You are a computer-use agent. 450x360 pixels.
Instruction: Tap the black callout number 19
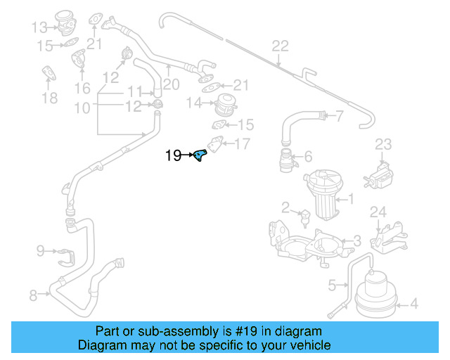173,155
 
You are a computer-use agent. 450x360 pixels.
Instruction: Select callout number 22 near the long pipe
280,46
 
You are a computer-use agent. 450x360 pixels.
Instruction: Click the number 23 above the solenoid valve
382,144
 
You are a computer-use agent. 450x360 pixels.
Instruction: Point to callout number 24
378,212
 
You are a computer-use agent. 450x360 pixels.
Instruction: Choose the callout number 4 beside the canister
413,304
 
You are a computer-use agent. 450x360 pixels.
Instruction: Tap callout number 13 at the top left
39,28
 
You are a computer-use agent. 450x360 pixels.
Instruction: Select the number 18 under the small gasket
49,98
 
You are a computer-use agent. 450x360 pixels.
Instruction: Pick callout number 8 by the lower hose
33,296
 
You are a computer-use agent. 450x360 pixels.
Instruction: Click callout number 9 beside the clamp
40,250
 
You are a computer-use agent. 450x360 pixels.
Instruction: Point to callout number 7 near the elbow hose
339,116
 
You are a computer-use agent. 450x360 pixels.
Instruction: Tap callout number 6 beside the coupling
307,157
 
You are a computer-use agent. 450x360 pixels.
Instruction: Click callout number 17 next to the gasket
242,145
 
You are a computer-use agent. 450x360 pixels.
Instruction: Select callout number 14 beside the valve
194,103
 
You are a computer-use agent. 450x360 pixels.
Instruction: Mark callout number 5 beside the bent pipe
332,285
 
